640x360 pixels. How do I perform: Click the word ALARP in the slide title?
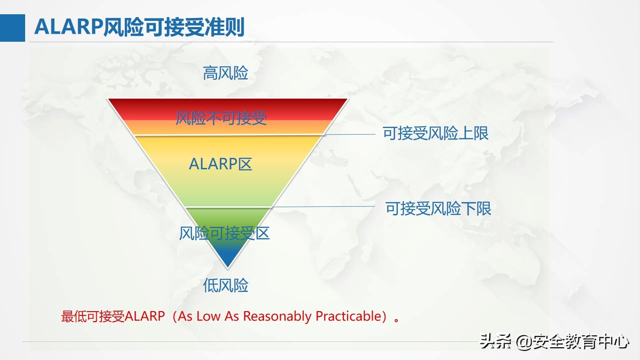[69, 28]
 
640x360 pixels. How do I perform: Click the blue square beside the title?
[12, 28]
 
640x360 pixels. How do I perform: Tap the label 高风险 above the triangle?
[226, 74]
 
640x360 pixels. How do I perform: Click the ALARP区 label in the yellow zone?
[220, 164]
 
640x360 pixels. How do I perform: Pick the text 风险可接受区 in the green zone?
[224, 233]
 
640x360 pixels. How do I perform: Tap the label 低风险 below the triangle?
[226, 285]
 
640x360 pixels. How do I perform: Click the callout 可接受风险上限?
[436, 133]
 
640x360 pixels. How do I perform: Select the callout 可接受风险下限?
[438, 208]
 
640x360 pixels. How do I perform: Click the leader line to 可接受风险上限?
[351, 134]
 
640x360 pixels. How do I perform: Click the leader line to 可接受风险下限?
[322, 207]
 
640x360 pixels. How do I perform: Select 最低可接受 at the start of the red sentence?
[93, 316]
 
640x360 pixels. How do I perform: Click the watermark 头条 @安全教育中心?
[554, 341]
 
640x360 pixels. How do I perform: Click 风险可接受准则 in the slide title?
[174, 28]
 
